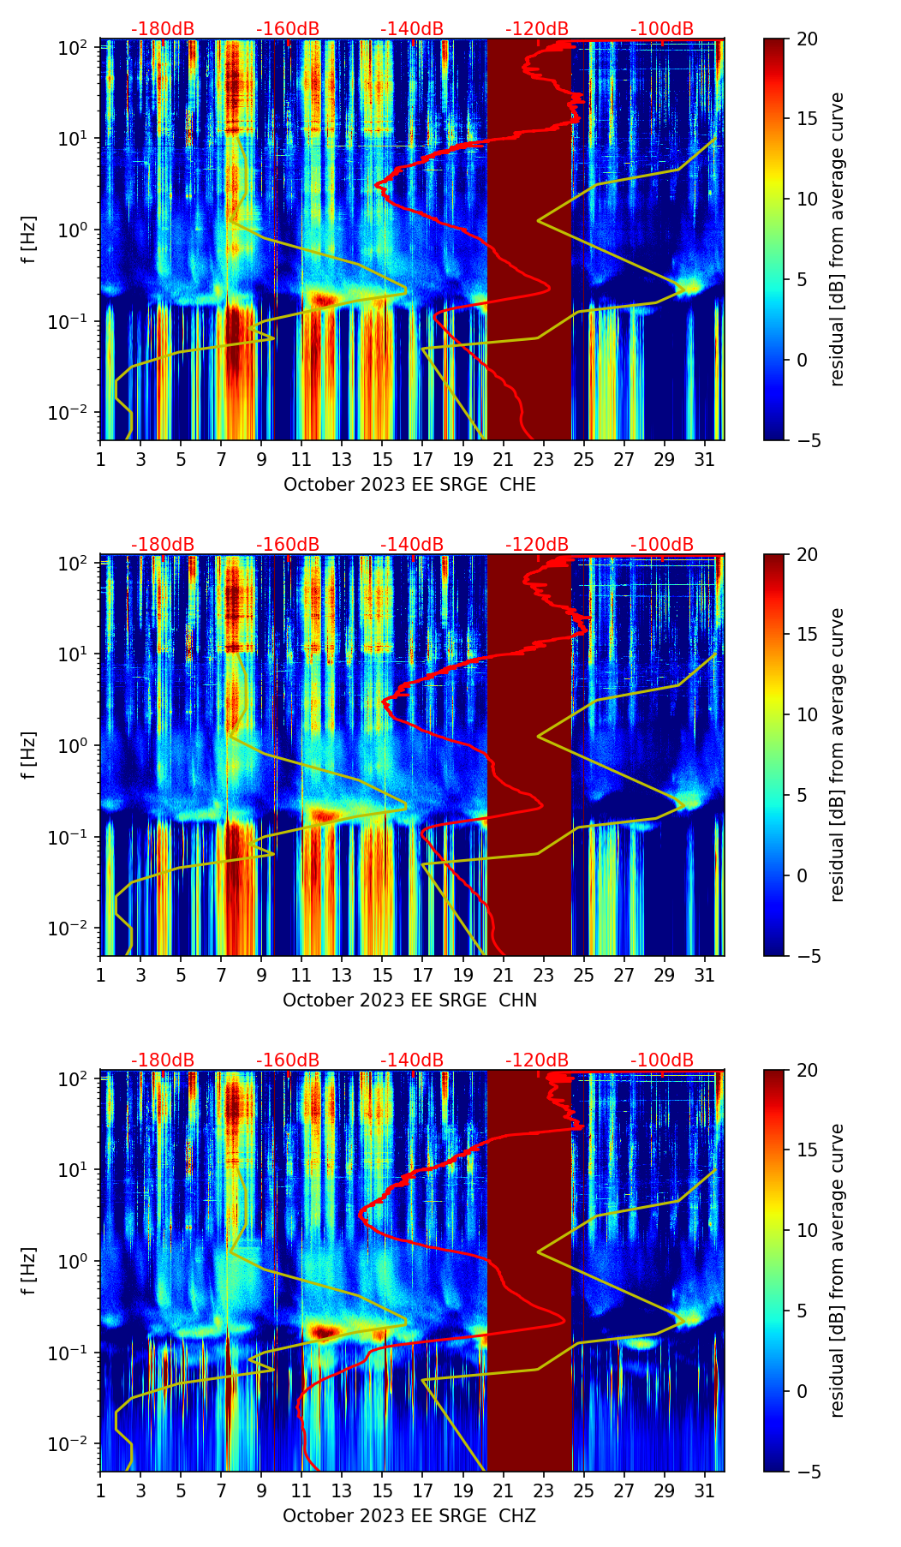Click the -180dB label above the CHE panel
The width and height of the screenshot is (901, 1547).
[163, 29]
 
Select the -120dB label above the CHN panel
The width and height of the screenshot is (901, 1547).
[537, 545]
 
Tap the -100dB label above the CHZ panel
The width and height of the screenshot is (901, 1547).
[662, 1060]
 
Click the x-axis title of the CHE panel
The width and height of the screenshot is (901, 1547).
[409, 485]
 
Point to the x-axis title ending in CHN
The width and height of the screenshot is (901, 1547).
[409, 1000]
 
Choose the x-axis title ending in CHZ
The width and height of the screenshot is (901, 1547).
[409, 1516]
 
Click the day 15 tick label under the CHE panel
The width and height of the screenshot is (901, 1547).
[382, 459]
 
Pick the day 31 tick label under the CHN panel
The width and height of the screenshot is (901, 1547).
[704, 975]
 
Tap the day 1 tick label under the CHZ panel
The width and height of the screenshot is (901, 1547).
[100, 1490]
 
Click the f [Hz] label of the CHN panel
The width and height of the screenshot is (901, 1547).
[29, 755]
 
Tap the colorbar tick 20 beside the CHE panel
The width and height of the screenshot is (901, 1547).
[807, 39]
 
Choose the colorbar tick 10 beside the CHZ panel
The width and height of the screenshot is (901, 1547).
[807, 1231]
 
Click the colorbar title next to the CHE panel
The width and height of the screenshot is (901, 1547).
[837, 239]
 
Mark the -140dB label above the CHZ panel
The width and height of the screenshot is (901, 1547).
[412, 1060]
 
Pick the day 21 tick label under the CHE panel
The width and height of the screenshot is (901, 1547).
[503, 459]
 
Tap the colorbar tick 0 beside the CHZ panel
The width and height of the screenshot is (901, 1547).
[802, 1391]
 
